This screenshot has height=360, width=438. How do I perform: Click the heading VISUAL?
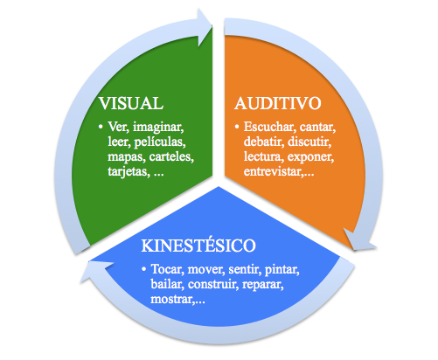pos(131,103)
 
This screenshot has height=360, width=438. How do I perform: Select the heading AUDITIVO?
pos(278,103)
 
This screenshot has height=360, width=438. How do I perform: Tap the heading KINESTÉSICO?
pos(198,246)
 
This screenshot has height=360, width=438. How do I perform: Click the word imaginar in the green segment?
pos(158,128)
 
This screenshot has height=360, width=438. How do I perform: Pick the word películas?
pos(160,142)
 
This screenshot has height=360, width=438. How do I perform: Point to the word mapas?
pos(127,157)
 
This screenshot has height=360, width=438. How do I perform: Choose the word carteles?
pos(171,156)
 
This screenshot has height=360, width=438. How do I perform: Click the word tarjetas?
pos(129,172)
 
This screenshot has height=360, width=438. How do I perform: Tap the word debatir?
pos(264,142)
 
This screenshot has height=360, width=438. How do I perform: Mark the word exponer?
pos(310,157)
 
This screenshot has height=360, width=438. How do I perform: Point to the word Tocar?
pos(167,269)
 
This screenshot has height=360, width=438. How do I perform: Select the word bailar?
pos(167,284)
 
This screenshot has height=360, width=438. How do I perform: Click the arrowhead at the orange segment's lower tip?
pos(359,240)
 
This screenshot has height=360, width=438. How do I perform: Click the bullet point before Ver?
pos(101,127)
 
